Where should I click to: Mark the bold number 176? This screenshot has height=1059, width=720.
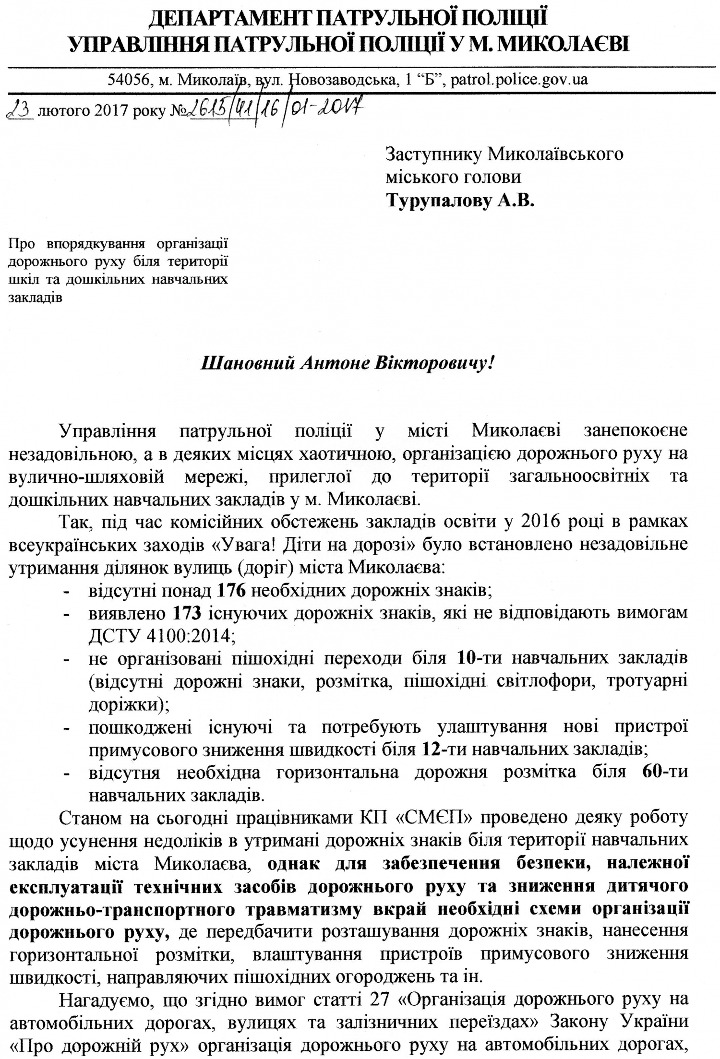coord(231,591)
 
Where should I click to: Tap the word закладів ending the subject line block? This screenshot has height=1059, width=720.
coord(36,298)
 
